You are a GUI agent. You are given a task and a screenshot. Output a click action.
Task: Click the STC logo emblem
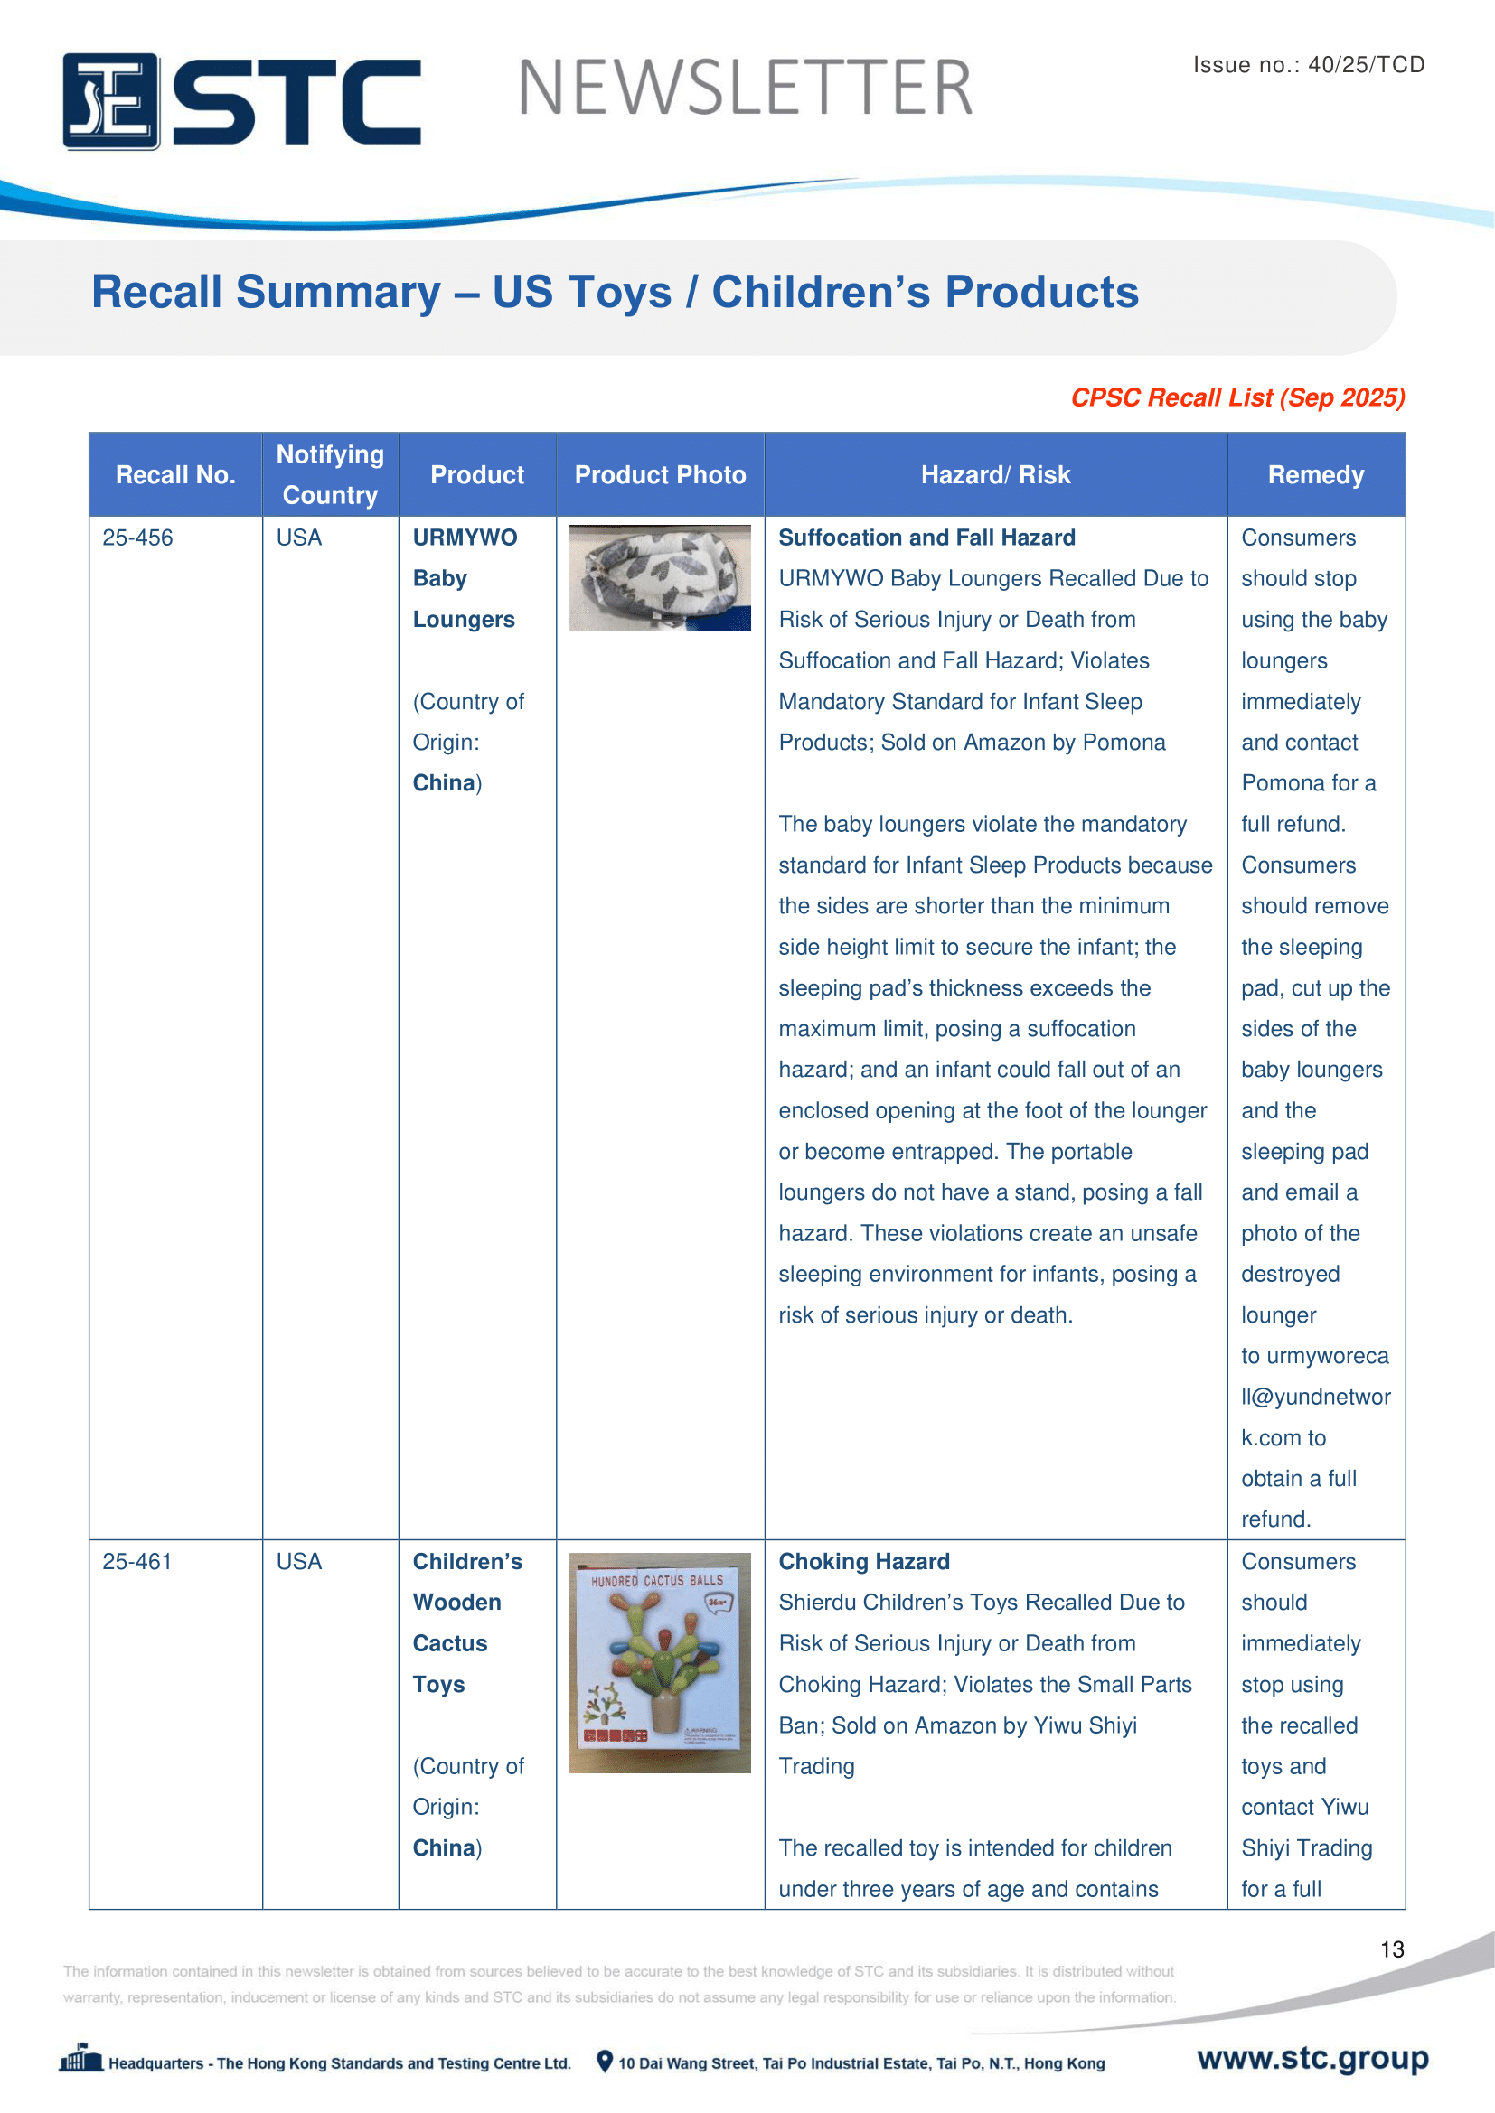coord(110,101)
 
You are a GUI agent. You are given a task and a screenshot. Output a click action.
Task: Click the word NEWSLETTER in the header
coord(745,89)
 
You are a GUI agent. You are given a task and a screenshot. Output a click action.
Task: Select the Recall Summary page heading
coord(614,293)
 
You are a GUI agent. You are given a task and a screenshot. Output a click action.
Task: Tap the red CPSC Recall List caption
coord(1237,397)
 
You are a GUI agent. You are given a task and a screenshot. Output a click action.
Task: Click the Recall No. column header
coord(175,475)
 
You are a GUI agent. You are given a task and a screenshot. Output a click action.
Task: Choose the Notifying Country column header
coord(330,475)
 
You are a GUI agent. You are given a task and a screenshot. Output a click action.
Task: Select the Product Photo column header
coord(660,475)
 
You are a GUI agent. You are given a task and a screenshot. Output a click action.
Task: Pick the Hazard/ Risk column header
coord(995,475)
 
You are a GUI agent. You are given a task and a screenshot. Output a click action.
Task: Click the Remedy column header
coord(1315,475)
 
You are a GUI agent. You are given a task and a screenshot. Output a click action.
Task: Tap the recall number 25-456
coord(137,538)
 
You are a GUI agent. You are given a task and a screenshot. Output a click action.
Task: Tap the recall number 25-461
coord(137,1562)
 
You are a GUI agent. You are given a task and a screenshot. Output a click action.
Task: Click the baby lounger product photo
coord(660,578)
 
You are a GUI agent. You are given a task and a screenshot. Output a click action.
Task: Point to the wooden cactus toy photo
coord(660,1663)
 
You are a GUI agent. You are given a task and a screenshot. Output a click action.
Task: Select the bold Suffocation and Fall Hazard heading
coord(926,538)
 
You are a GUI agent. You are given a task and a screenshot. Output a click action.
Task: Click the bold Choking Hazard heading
coord(863,1562)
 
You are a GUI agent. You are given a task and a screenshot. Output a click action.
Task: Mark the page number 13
coord(1392,1949)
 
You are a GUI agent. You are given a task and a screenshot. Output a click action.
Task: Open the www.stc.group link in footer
coord(1312,2058)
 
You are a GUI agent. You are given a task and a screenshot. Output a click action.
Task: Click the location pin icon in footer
coord(605,2062)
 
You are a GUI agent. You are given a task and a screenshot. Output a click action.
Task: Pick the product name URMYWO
coord(465,538)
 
